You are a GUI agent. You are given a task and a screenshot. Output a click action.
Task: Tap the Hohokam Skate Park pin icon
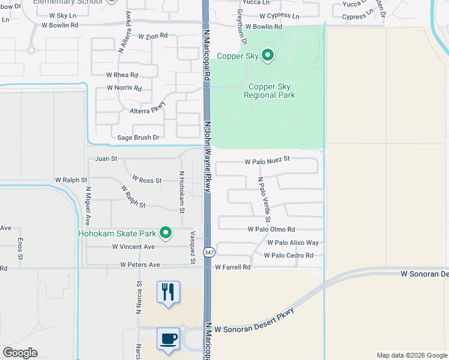[x=166, y=233]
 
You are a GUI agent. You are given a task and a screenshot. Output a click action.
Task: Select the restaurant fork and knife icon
[x=167, y=292]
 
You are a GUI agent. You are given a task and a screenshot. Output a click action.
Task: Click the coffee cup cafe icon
[x=168, y=338]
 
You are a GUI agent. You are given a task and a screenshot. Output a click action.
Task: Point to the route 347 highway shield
[x=208, y=253]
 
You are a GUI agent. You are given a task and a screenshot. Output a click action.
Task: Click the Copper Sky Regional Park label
[x=270, y=91]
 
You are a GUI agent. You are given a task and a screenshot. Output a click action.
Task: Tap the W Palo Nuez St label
[x=267, y=160]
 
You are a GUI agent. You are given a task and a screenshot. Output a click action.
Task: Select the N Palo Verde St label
[x=264, y=197]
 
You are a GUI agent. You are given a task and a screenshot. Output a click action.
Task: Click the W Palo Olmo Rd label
[x=271, y=229]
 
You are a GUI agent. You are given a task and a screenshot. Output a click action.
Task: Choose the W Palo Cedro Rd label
[x=289, y=255]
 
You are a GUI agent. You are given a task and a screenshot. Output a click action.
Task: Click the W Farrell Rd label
[x=232, y=267]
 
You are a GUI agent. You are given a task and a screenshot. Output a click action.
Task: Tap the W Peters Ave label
[x=140, y=264]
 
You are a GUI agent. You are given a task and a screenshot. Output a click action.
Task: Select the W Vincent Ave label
[x=131, y=247]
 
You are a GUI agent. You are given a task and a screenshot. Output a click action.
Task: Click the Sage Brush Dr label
[x=138, y=137]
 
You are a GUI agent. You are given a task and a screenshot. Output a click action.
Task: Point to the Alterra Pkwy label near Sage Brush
[x=147, y=111]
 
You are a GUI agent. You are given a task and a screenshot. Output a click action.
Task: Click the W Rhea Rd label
[x=122, y=75]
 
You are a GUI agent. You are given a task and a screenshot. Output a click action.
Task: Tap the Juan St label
[x=106, y=159]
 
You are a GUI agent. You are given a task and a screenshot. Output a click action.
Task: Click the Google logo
[x=20, y=353]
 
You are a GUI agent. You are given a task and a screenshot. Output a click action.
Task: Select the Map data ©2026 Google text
[x=411, y=355]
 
